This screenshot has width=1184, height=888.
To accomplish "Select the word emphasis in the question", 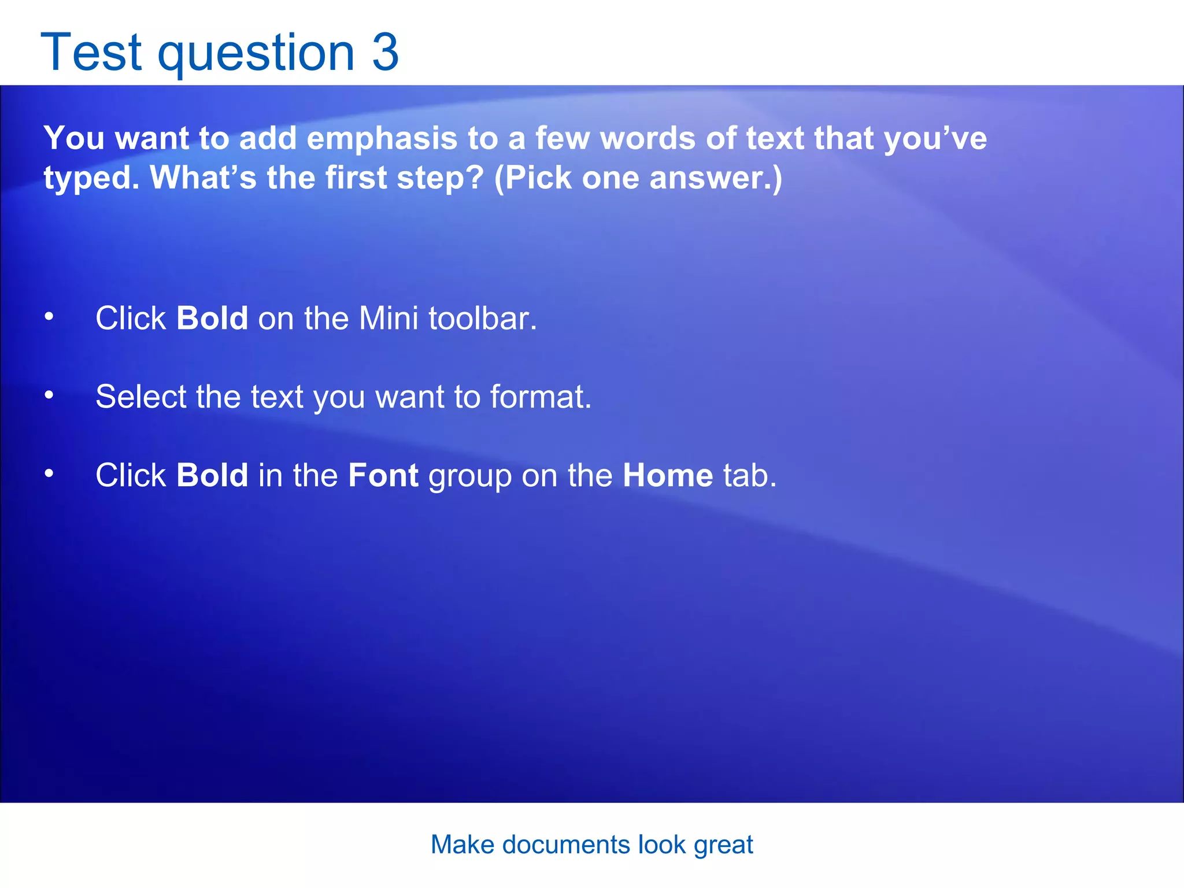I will click(382, 139).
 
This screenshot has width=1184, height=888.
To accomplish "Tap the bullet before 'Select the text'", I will click(49, 395).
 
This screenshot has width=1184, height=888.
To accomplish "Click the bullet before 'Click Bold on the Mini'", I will click(49, 317).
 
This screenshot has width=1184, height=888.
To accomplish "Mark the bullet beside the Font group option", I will click(49, 474).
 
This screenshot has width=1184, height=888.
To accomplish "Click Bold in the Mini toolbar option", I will click(212, 318).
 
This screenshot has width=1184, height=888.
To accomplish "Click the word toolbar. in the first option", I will click(483, 318).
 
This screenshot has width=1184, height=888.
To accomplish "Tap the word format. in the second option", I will click(541, 397).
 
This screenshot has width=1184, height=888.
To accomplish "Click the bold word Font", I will click(383, 475).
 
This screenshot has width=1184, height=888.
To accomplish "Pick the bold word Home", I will click(668, 475).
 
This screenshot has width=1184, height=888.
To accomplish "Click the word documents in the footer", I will click(566, 845).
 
